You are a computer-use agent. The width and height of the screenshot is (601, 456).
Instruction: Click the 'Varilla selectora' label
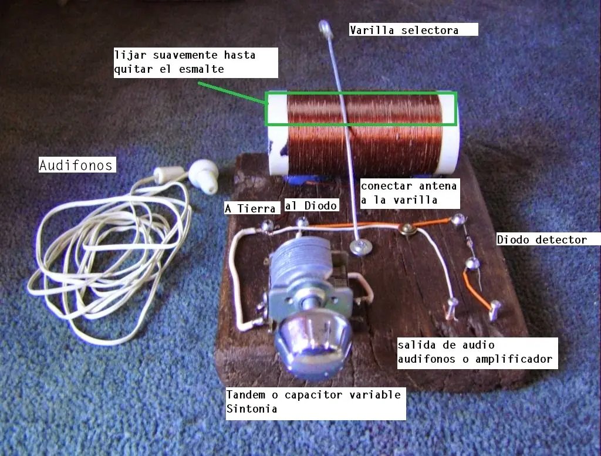tap(414, 29)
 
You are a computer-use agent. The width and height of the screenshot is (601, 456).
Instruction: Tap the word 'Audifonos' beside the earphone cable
tap(77, 165)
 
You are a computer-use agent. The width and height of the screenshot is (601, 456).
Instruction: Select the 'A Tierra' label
tap(252, 208)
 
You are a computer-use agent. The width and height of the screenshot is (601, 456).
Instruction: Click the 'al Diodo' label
tap(312, 205)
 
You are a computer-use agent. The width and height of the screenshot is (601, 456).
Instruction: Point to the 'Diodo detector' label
tap(548, 239)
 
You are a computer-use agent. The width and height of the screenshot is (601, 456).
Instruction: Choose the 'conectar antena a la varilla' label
tap(410, 193)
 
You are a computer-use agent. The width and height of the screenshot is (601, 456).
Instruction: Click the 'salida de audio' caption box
tap(477, 353)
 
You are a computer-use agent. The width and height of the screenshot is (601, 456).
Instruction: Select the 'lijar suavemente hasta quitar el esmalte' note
tap(195, 62)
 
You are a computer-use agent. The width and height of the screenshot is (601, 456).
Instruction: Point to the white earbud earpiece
tap(204, 175)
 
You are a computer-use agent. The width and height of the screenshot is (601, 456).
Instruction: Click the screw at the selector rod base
tap(360, 247)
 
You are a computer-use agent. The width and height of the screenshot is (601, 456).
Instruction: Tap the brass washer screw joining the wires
tap(407, 228)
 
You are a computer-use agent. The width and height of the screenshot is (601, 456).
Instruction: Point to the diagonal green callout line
tap(231, 92)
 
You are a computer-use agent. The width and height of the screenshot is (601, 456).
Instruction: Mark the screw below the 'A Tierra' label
tap(267, 226)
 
